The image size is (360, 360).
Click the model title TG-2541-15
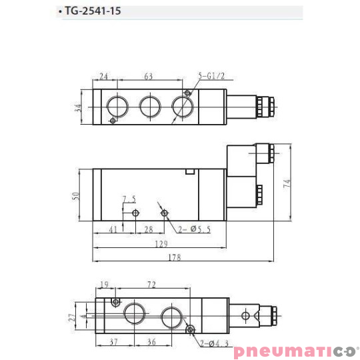[x=93, y=11]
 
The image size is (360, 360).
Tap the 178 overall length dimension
[x=175, y=257]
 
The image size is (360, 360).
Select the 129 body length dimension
[x=161, y=244]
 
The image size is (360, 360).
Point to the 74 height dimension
[x=287, y=184]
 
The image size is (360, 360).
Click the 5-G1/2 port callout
[x=211, y=76]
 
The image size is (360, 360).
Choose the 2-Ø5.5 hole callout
[x=194, y=229]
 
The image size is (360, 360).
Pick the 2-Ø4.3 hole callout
[x=214, y=343]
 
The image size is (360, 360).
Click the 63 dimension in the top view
[x=148, y=76]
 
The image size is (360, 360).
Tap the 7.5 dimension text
[x=129, y=199]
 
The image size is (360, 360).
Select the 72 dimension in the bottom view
[x=151, y=285]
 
